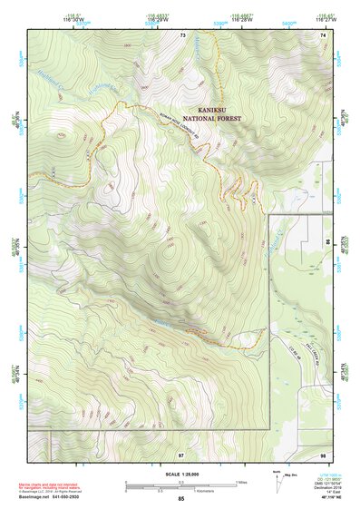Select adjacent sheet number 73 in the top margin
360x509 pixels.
[182, 34]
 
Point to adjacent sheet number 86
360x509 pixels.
[328, 244]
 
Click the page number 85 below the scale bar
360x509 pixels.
[180, 499]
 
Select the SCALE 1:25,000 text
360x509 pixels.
[180, 474]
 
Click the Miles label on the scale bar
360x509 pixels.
[242, 481]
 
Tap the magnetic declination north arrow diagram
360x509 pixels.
[277, 482]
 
